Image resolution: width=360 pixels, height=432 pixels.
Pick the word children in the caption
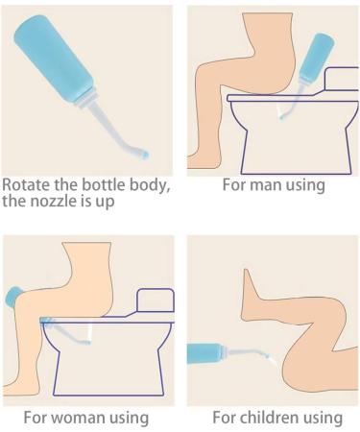pyautogui.click(x=274, y=418)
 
